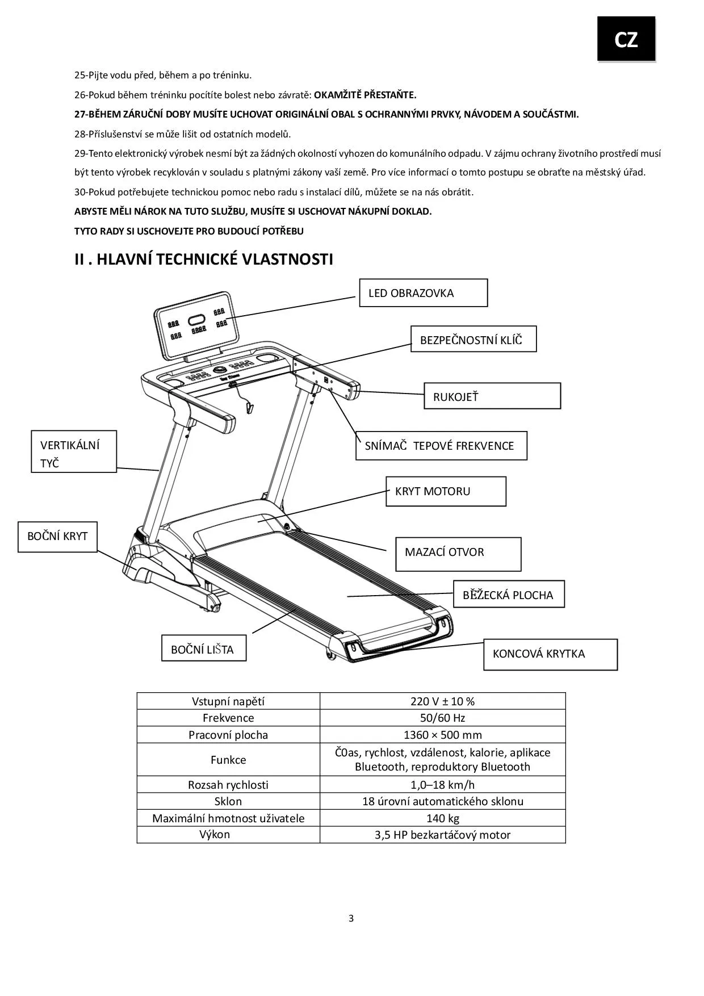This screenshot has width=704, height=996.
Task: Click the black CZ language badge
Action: point(626,39)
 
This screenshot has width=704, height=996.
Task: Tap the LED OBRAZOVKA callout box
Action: point(423,293)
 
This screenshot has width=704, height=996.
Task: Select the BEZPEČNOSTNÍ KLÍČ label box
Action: point(473,339)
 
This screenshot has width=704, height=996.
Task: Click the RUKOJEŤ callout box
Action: point(492,396)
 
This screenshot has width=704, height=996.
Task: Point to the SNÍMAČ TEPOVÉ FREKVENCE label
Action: point(441,446)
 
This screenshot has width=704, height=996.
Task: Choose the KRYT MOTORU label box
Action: point(446,491)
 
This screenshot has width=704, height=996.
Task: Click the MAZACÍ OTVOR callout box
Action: point(458,554)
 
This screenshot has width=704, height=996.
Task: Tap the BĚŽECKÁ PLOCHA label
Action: point(509,595)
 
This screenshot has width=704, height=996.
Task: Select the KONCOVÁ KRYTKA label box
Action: point(550,655)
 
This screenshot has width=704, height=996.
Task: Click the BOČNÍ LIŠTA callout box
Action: point(203,649)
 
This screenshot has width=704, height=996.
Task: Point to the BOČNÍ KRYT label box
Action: point(57,537)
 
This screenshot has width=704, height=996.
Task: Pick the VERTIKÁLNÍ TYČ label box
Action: point(73,452)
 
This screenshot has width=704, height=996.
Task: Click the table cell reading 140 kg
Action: point(442,818)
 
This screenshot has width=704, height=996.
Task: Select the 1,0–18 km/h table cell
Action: point(442,785)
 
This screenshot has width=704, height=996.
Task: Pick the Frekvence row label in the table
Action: point(228,718)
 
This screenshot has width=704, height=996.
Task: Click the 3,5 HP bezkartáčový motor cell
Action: point(442,835)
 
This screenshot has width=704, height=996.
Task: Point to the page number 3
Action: point(351,918)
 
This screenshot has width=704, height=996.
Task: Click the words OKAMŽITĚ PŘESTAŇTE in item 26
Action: point(365,95)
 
